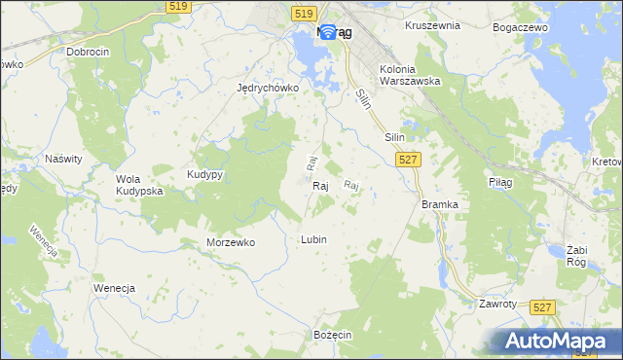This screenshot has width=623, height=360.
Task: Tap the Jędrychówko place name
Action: [268, 87]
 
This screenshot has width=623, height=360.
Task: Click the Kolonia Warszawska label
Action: [411, 75]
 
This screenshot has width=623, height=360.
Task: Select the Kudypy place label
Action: [205, 174]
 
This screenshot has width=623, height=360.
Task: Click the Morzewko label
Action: [231, 242]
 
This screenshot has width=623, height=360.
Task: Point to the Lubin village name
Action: [313, 239]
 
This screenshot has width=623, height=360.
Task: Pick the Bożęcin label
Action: [332, 334]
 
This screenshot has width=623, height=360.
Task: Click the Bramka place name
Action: [439, 204]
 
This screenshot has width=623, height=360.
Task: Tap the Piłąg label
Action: [499, 182]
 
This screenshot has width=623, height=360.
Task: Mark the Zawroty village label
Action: [496, 304]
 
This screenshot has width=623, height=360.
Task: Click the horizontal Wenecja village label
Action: [113, 289]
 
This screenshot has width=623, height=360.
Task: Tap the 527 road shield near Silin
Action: [409, 160]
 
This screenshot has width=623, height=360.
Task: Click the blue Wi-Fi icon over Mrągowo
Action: [328, 33]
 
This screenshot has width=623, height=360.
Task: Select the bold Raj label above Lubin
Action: [320, 185]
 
